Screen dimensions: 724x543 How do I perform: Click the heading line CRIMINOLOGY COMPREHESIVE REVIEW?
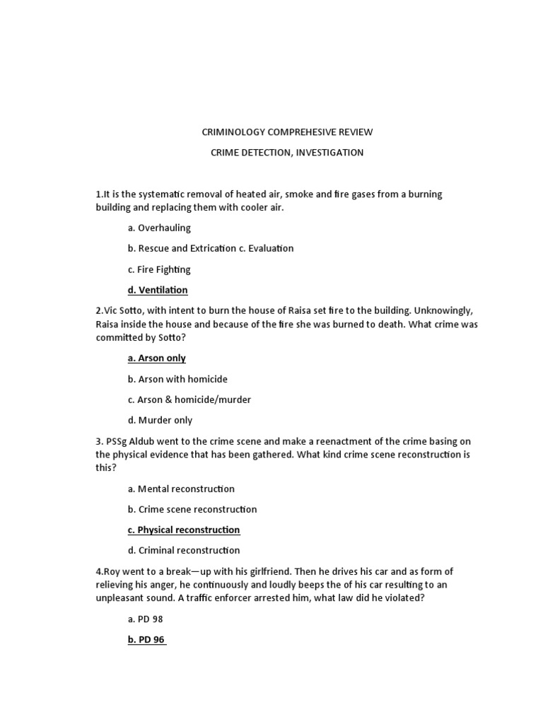[286, 132]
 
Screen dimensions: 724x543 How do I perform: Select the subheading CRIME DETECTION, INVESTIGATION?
[286, 153]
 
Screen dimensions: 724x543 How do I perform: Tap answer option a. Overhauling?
[159, 228]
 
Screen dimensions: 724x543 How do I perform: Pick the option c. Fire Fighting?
[159, 269]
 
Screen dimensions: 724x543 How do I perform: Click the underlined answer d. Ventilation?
[158, 290]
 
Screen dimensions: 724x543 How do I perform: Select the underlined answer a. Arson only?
[157, 358]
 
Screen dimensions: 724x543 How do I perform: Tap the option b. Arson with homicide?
[177, 379]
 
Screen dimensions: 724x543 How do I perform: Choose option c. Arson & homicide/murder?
[189, 399]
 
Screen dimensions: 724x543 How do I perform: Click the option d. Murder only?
[160, 420]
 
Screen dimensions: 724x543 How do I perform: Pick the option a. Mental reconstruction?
[181, 489]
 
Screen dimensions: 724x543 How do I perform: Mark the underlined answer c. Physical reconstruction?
[184, 530]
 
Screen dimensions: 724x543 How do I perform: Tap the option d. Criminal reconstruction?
[184, 550]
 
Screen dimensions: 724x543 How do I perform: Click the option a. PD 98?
[146, 619]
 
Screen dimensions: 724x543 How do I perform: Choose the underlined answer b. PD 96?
[146, 639]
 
